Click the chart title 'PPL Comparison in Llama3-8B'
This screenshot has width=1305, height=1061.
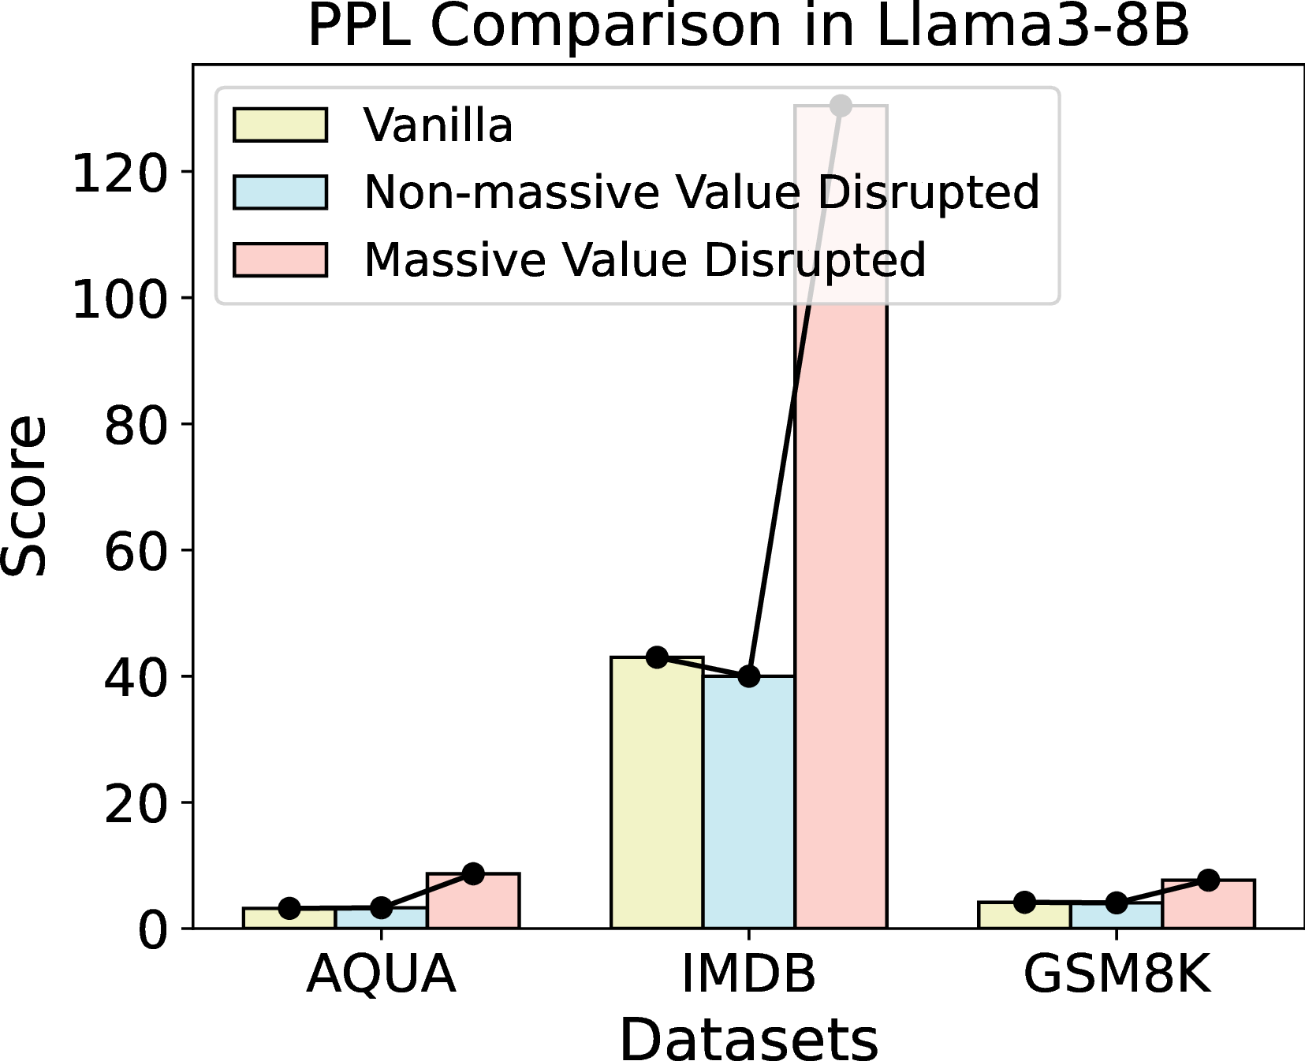tap(748, 26)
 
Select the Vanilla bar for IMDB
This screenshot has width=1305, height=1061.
tap(657, 792)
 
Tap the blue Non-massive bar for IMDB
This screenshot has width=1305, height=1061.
tap(749, 802)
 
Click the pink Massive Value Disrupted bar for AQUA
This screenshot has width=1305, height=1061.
tap(473, 901)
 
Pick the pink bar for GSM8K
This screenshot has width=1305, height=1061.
tap(1208, 904)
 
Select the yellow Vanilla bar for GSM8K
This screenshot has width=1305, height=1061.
tap(1024, 915)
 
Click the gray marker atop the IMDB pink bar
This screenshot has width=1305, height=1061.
tap(841, 105)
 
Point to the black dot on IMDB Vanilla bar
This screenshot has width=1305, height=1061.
tap(657, 657)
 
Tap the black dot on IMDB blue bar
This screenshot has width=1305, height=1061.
tap(749, 676)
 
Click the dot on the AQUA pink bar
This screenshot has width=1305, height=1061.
tap(473, 873)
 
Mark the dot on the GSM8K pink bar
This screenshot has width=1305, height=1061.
tap(1208, 880)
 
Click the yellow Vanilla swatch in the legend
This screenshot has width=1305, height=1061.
tap(280, 125)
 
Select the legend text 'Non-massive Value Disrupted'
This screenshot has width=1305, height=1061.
tap(702, 193)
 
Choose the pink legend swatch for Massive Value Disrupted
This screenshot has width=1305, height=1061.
tap(280, 260)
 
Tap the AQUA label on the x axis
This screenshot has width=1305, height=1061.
tap(381, 974)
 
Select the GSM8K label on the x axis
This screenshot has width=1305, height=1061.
tap(1116, 974)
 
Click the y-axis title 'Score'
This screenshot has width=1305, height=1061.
tap(24, 496)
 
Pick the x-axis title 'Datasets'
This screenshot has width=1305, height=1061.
tap(748, 1039)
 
